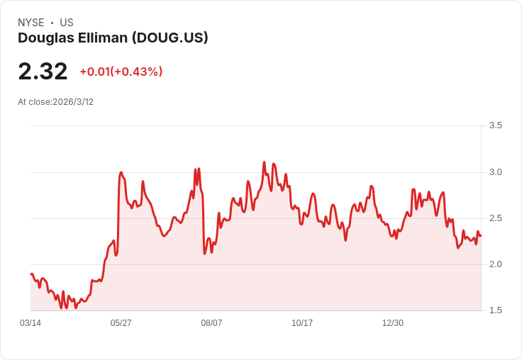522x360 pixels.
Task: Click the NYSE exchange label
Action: coord(30,23)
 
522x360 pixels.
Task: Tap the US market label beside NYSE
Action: coord(67,23)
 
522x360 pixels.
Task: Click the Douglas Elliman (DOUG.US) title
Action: coord(113,38)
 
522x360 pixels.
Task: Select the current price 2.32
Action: coord(43,71)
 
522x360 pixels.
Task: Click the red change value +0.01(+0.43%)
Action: coord(121,72)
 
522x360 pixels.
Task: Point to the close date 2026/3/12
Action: coord(73,102)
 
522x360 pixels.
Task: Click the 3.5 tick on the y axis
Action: coord(496,125)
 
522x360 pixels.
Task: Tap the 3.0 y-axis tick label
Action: coord(496,172)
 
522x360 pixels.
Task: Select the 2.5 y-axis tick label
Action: coord(496,218)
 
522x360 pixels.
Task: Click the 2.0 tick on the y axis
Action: coord(496,264)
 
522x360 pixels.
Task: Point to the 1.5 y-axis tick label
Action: coord(496,310)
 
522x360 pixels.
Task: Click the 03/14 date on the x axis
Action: coord(30,323)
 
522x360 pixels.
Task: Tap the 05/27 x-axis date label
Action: coord(121,323)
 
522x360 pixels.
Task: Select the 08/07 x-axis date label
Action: coord(211,323)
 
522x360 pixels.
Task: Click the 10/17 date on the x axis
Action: coord(302,323)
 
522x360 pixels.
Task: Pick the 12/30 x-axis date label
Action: coord(392,323)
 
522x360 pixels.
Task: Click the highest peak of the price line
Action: coord(264,162)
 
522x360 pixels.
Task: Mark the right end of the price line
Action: coord(480,235)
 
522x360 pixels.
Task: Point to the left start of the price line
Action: coord(31,274)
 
